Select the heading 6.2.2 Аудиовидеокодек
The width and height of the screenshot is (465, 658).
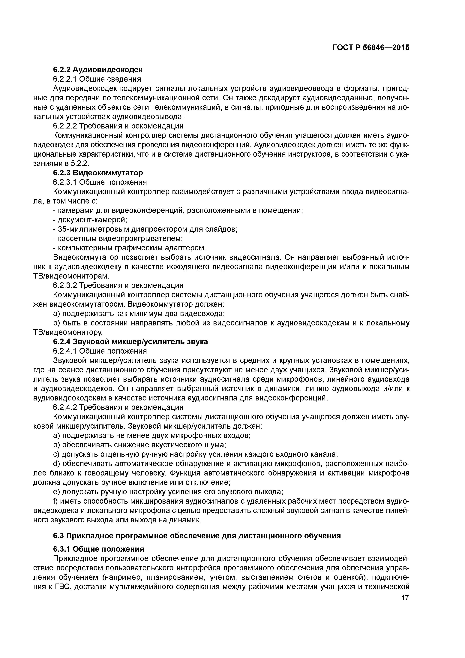[97, 69]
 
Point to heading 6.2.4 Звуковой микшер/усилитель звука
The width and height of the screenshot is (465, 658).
[130, 342]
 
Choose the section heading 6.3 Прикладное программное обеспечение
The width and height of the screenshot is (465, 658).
[197, 536]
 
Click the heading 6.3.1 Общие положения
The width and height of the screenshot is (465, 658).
[98, 549]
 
